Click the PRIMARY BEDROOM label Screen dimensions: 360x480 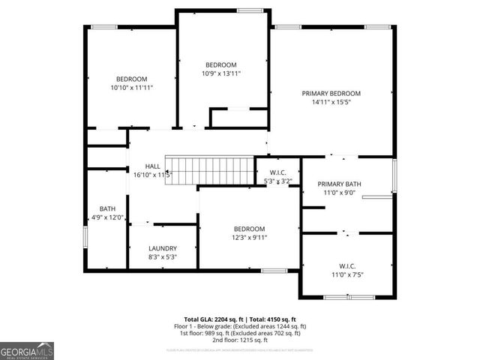pos(331,94)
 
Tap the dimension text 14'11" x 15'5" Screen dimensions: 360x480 pos(331,102)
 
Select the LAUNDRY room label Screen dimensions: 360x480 pos(163,248)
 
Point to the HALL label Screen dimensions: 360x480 pos(152,166)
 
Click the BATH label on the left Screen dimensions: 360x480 pos(108,209)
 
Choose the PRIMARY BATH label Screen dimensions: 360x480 pos(339,184)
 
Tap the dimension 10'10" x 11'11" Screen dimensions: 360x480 pos(131,88)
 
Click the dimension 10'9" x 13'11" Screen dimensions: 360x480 pos(221,73)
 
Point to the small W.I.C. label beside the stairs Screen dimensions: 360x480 pos(278,172)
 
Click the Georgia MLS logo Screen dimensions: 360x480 pos(27,350)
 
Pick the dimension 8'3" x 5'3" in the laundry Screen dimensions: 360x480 pos(163,257)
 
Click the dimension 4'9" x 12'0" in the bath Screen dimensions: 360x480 pos(108,217)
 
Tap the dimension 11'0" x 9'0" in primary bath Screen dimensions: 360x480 pos(339,193)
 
